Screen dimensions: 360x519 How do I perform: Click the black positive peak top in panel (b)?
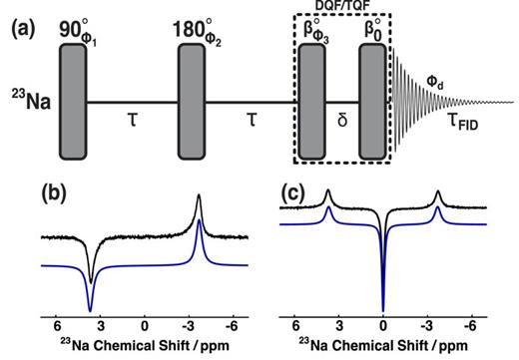[x=200, y=195]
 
